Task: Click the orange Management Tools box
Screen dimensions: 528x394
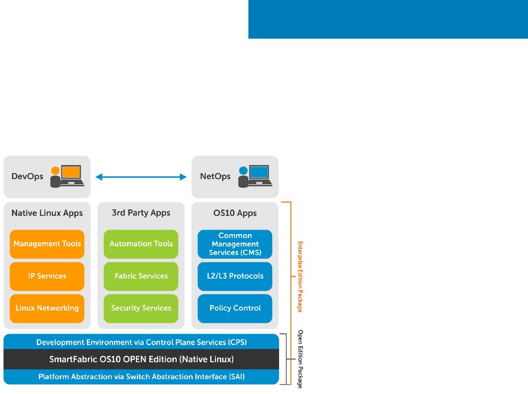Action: (47, 244)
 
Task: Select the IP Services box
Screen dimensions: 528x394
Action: (47, 276)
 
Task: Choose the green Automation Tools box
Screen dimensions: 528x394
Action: (141, 244)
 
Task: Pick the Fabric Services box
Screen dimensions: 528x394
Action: (141, 276)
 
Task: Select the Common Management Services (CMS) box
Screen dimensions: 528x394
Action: (235, 244)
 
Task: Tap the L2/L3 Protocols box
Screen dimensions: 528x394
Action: (235, 276)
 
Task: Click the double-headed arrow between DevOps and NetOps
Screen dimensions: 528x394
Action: (141, 177)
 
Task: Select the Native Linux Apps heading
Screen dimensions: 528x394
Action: (47, 213)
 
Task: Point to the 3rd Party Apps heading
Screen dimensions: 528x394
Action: (141, 213)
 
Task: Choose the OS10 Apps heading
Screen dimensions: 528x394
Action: (235, 213)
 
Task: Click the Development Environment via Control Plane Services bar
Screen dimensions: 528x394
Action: (141, 342)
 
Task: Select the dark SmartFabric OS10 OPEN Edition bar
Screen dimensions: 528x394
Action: (141, 360)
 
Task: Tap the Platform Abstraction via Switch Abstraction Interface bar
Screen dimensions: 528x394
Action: (141, 377)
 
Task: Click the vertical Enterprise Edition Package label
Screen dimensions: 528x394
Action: (300, 277)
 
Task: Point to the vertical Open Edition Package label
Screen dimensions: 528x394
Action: (300, 359)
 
